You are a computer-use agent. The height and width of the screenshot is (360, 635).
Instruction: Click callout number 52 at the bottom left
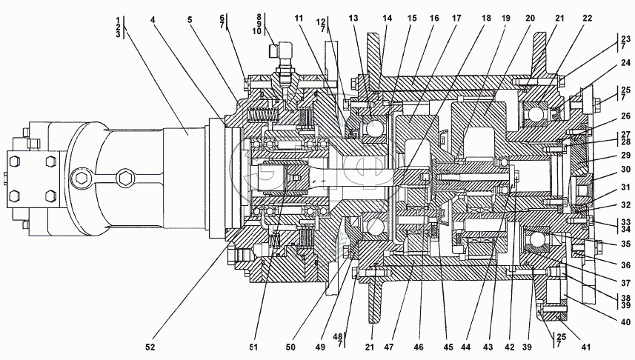[150, 347]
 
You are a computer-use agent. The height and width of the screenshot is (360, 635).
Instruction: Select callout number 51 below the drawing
[253, 347]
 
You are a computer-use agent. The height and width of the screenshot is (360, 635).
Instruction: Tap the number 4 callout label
[153, 19]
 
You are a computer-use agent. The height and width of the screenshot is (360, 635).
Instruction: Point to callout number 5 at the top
[190, 19]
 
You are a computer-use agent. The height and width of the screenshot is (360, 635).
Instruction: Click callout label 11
[299, 19]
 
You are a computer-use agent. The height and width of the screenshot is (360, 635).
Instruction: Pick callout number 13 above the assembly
[353, 19]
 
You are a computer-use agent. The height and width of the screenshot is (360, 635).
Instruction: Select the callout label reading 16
[434, 19]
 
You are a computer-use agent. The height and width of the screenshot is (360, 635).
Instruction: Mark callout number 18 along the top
[486, 19]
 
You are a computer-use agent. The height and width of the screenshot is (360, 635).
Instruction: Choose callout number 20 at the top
[530, 19]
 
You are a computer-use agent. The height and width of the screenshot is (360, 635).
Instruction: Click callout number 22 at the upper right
[588, 19]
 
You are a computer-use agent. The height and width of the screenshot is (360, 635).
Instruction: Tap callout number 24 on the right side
[625, 63]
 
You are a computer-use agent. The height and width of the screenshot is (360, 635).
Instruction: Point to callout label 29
[625, 155]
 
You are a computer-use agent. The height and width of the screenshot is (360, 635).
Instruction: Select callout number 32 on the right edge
[625, 205]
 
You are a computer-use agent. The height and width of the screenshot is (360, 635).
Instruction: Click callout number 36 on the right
[625, 265]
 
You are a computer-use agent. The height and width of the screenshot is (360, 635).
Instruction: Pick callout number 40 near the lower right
[625, 322]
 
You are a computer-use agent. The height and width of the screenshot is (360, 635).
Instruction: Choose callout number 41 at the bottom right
[586, 347]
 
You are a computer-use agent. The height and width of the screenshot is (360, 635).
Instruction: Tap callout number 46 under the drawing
[419, 347]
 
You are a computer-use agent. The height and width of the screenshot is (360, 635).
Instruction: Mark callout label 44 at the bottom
[466, 347]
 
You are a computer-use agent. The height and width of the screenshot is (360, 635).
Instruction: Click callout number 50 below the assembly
[290, 347]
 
